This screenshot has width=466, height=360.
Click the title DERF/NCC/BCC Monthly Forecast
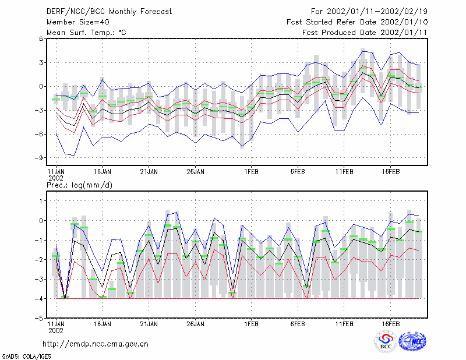109,12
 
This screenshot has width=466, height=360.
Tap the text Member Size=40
78,22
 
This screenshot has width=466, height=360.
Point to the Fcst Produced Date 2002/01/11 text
365,33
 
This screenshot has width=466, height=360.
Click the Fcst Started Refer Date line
357,22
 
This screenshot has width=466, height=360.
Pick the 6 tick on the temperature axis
41,38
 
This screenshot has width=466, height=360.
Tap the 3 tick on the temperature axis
41,63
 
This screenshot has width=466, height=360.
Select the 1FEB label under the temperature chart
251,172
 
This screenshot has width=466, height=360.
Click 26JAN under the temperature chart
195,172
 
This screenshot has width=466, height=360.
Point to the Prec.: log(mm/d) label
79,185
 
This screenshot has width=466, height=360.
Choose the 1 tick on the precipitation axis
41,201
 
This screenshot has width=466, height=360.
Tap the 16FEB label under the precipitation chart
390,324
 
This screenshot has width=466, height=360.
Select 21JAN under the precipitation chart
149,324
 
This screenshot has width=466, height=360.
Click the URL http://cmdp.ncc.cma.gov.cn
96,344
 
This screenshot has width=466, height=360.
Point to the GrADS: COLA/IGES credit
26,357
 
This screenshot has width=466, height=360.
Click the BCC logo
386,341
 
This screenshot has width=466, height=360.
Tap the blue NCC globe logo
412,341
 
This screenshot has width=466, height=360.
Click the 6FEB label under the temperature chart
298,172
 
